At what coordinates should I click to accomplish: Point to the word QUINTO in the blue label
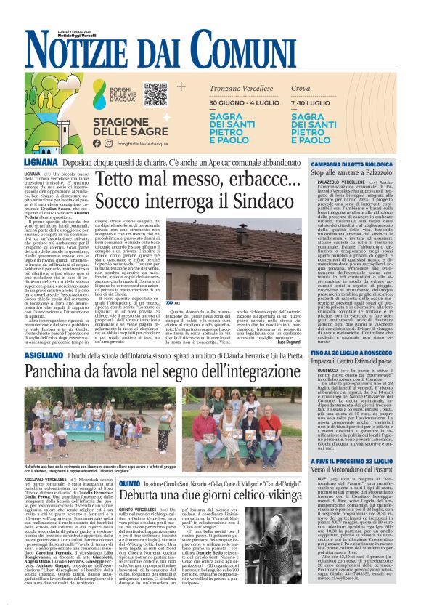pyautogui.click(x=128, y=483)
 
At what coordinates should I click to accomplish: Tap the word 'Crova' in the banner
pyautogui.click(x=301, y=88)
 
